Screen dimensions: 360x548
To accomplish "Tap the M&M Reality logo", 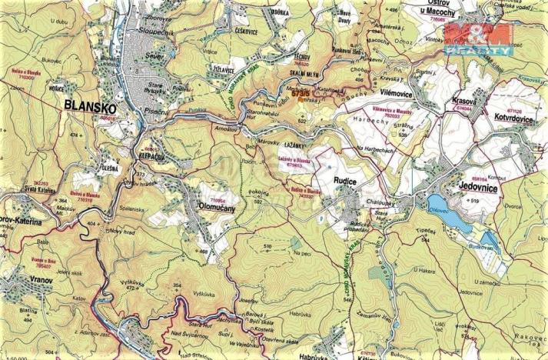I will (x=478, y=38).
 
